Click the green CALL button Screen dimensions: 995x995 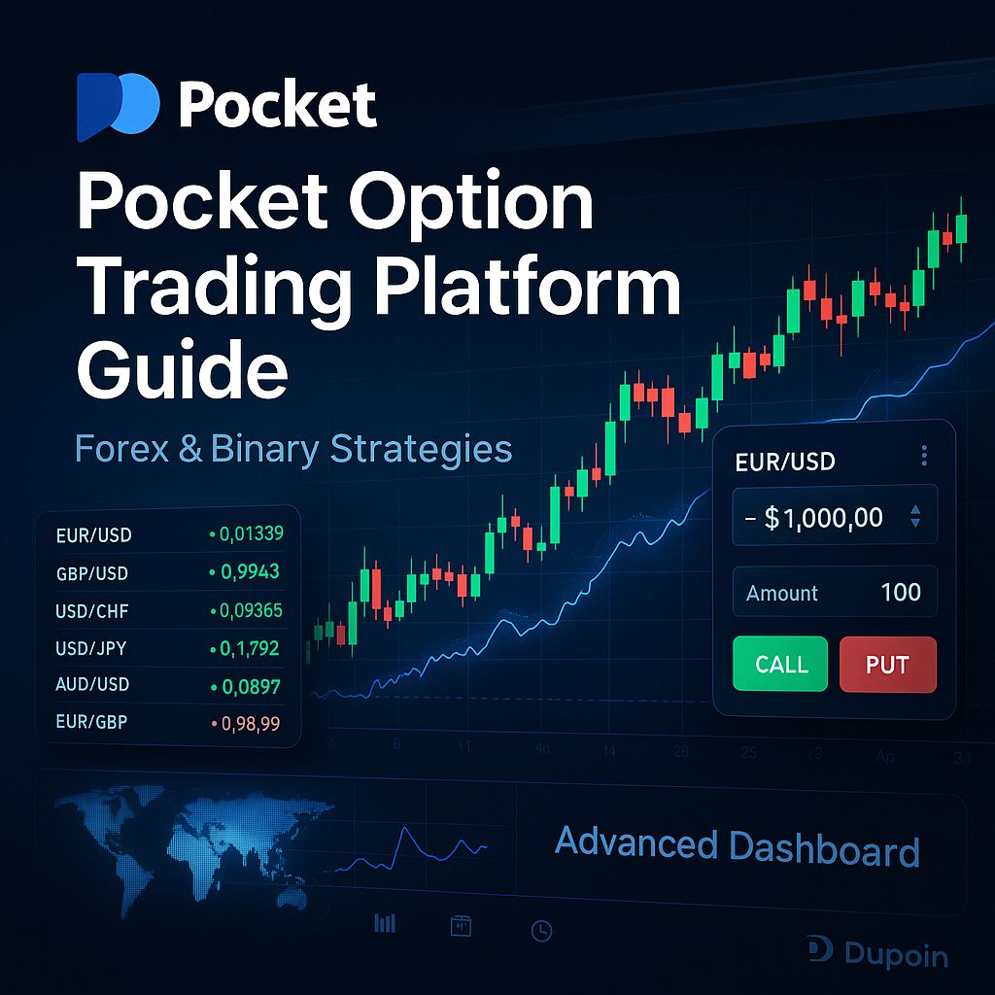tap(779, 664)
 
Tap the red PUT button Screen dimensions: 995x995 tap(887, 664)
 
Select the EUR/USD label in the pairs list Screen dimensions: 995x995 tap(94, 534)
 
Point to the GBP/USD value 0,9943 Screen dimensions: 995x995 tap(250, 572)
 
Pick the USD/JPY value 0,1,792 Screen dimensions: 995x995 tap(250, 648)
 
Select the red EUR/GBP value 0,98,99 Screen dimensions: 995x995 tap(250, 724)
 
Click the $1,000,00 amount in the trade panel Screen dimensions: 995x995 tap(823, 518)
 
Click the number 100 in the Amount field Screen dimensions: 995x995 tap(900, 593)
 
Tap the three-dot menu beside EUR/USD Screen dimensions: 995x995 tap(924, 456)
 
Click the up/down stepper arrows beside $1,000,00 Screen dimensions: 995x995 tap(914, 517)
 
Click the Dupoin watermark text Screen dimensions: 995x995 tap(894, 955)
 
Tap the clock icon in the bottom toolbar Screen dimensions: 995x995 tap(541, 931)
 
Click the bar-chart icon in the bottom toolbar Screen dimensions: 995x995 tap(385, 923)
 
